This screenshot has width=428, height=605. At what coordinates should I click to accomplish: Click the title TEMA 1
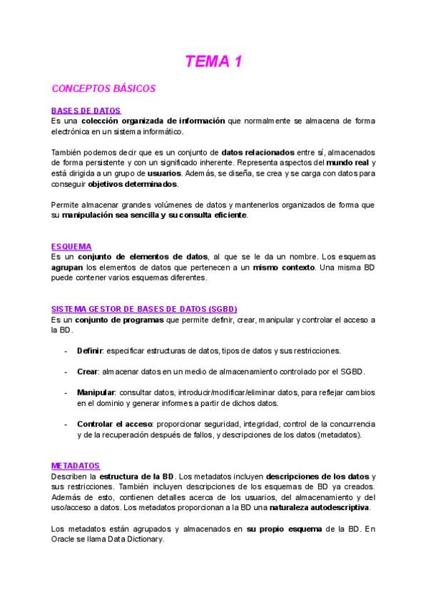pos(214,62)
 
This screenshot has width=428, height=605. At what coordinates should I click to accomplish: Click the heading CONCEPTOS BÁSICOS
pos(103,89)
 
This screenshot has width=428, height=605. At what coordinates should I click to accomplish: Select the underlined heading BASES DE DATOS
pos(86,111)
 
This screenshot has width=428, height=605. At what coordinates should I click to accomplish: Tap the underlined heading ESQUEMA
pos(71,246)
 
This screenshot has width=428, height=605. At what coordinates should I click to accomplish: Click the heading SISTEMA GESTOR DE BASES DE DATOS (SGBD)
pos(144,309)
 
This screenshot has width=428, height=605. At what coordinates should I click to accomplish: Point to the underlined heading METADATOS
pos(76,465)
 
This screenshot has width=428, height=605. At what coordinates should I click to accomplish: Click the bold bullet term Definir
pos(91,351)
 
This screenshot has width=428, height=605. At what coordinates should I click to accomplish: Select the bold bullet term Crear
pos(88,372)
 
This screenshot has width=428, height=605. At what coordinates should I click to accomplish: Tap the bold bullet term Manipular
pos(96,393)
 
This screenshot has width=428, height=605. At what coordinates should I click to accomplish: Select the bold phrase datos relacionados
pos(258,152)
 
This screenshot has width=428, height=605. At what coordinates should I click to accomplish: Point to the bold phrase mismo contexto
pos(284,267)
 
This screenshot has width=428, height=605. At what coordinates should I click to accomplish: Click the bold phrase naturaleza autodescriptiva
pos(325,507)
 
